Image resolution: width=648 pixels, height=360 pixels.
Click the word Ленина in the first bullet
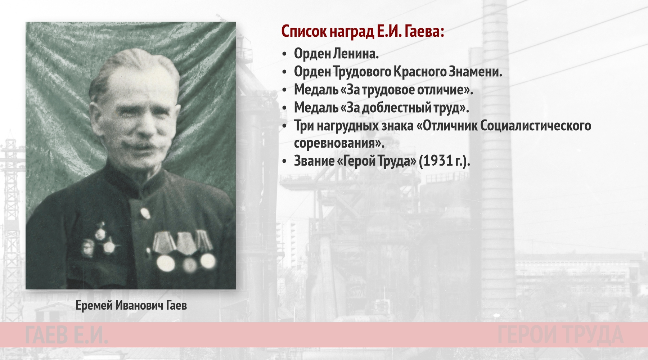(355, 54)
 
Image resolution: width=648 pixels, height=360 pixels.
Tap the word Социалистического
(536, 125)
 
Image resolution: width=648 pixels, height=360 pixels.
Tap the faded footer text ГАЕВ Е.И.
(67, 335)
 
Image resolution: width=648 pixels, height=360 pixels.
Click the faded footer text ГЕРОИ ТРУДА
(560, 335)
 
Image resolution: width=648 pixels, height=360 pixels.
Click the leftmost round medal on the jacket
(165, 263)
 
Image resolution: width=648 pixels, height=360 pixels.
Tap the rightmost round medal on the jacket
(208, 261)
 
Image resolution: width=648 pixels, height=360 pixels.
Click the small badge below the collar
(145, 213)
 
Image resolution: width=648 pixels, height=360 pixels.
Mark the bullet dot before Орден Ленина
(285, 54)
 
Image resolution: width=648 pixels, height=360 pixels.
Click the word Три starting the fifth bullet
(304, 125)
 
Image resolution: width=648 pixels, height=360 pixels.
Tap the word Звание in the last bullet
(314, 161)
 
